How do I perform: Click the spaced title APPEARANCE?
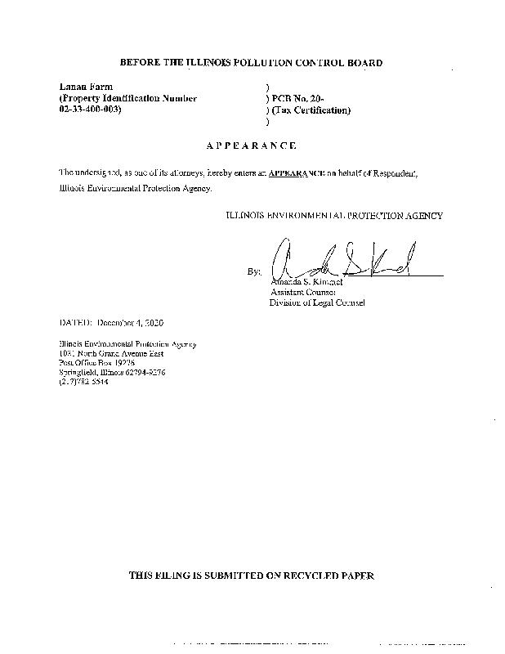tap(251, 146)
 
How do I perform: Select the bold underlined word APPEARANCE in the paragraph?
tap(296, 172)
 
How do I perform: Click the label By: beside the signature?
tap(253, 271)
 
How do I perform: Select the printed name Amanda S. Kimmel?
tap(305, 282)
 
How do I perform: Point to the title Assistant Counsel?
tap(302, 292)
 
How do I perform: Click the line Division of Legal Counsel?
tap(317, 302)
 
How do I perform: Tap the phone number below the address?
tap(83, 382)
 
